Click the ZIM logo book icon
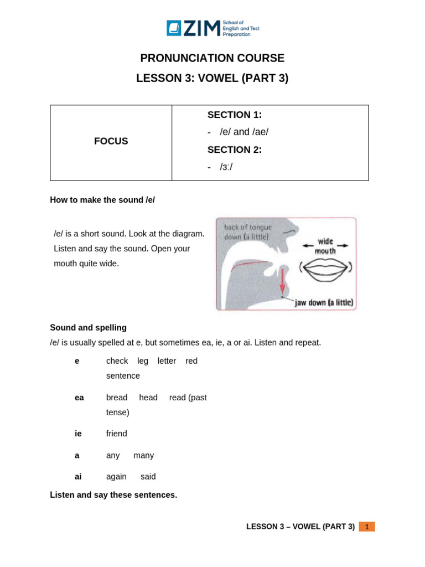click(174, 28)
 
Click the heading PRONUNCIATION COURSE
click(212, 58)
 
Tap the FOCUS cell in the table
click(111, 141)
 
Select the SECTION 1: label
click(234, 115)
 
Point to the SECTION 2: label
click(234, 150)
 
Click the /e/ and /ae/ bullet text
click(243, 132)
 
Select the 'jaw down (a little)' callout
click(324, 303)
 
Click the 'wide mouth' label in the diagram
click(325, 246)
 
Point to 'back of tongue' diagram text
click(247, 228)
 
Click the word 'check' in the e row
click(117, 361)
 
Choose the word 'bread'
click(117, 398)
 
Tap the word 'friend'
click(117, 434)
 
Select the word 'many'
click(144, 455)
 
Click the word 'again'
click(116, 476)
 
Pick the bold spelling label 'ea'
click(79, 398)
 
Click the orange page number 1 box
click(366, 527)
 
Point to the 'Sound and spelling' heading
click(88, 328)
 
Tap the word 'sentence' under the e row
click(123, 376)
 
